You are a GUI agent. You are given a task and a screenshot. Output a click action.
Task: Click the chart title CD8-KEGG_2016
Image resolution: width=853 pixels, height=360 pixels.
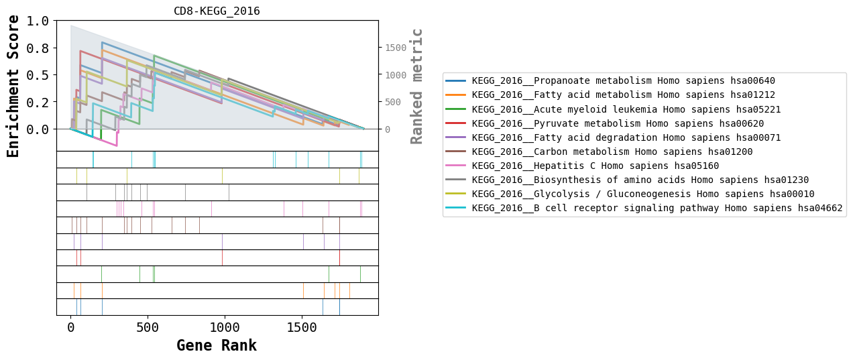tap(217, 11)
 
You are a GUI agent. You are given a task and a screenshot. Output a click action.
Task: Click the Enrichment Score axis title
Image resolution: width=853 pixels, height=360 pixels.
tap(13, 86)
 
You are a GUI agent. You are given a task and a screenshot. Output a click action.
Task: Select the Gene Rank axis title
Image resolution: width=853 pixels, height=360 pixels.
tap(217, 346)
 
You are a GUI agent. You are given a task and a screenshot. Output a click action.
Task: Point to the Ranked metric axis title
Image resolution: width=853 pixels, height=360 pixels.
tap(417, 86)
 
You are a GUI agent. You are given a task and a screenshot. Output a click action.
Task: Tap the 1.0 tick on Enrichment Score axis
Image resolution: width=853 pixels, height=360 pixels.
tap(38, 21)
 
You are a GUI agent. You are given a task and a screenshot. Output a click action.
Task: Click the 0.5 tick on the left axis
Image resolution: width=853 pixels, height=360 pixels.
tap(38, 75)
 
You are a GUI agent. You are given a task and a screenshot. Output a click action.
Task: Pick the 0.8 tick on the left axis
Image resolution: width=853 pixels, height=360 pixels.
tap(38, 48)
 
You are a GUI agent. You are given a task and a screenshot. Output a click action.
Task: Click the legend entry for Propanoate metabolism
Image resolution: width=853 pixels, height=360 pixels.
tap(624, 81)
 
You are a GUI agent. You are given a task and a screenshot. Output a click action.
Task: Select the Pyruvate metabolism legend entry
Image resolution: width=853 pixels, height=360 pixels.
tap(618, 123)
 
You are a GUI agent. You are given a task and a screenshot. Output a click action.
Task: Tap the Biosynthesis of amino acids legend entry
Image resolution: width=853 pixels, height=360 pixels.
tap(640, 180)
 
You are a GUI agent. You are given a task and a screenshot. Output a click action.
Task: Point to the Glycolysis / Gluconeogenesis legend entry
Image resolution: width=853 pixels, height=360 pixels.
tap(643, 194)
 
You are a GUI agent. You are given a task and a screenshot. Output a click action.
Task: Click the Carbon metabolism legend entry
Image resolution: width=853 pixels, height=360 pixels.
tap(612, 152)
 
